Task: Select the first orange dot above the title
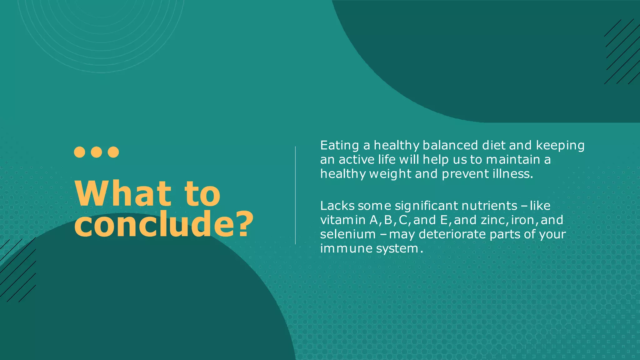pos(80,152)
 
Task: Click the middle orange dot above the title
pos(97,152)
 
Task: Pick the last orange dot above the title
pos(113,152)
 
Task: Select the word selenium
pos(348,234)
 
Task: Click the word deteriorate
pos(452,234)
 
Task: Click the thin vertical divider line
pos(295,195)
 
